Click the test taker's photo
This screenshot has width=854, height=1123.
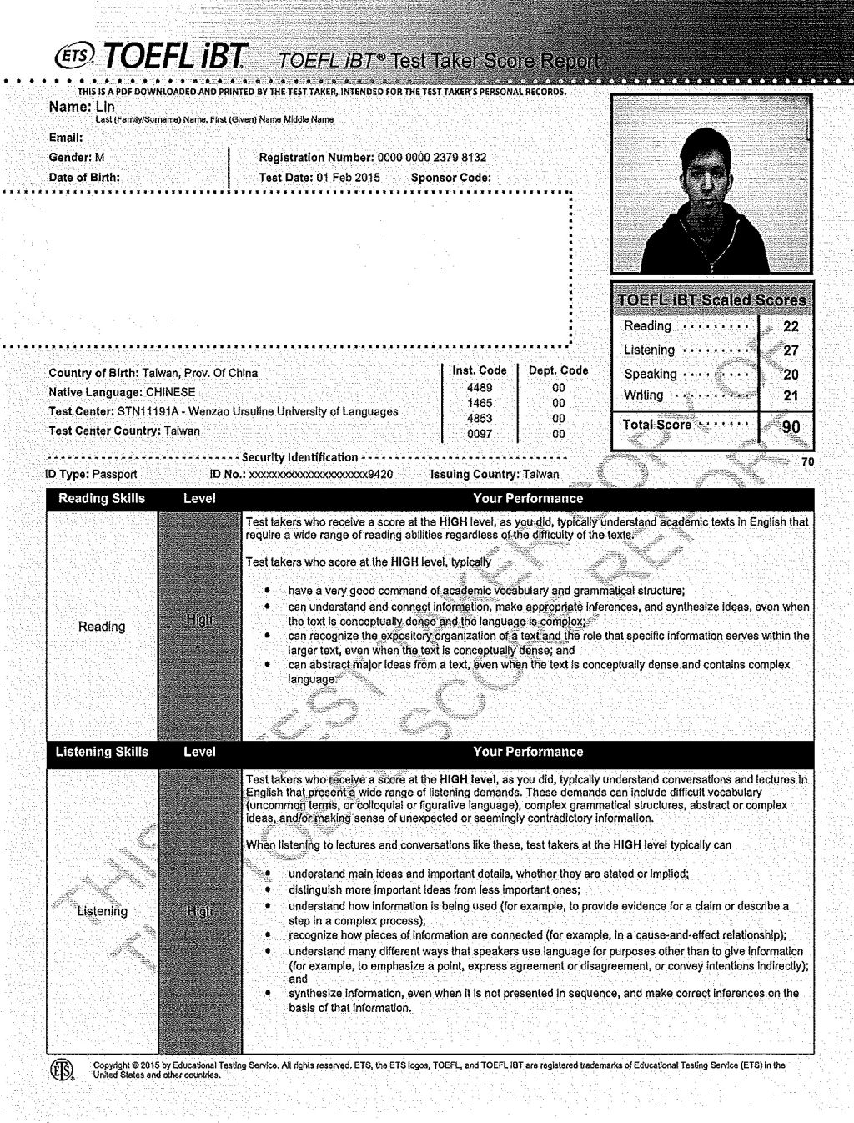click(711, 184)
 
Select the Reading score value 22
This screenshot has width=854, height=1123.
click(791, 327)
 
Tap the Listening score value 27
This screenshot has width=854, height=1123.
click(791, 351)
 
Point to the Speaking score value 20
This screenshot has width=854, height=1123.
click(791, 375)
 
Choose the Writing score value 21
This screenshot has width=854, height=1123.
click(791, 396)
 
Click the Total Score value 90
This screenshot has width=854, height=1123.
click(791, 427)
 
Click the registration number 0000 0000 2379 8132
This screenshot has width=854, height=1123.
click(432, 158)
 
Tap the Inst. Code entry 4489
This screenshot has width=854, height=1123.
click(479, 388)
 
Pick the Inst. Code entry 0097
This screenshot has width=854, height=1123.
click(479, 434)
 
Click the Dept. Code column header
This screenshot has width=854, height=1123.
click(558, 370)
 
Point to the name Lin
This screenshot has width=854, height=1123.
click(105, 107)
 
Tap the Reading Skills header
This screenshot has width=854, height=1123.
click(102, 499)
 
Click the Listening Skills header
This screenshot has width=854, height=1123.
click(102, 752)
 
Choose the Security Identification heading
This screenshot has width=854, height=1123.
click(299, 457)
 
